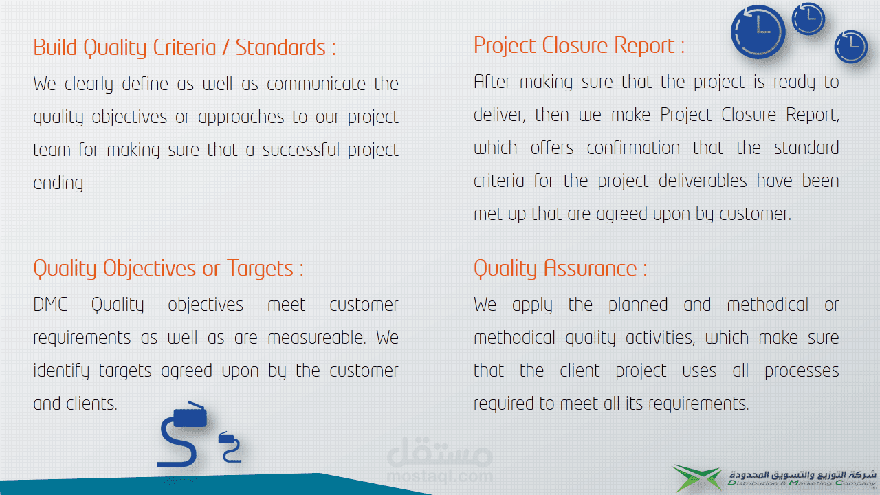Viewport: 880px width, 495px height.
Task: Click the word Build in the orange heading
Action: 55,47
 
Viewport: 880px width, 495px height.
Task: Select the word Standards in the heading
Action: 280,47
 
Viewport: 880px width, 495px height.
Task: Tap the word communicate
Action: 316,84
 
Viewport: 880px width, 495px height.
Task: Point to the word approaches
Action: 241,118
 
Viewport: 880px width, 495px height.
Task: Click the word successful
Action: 301,150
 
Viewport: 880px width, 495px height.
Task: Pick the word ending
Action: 58,184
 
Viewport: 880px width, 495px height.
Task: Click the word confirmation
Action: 633,148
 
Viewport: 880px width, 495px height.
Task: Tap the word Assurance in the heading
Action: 590,268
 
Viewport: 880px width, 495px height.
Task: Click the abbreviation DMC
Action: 50,305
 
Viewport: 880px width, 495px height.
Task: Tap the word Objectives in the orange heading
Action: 149,269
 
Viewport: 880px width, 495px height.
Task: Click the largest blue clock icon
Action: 758,32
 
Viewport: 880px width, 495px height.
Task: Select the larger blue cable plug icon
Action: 182,434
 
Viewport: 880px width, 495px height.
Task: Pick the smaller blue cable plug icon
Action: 230,447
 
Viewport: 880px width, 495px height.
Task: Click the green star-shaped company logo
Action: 696,478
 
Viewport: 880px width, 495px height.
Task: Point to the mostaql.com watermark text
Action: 439,476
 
